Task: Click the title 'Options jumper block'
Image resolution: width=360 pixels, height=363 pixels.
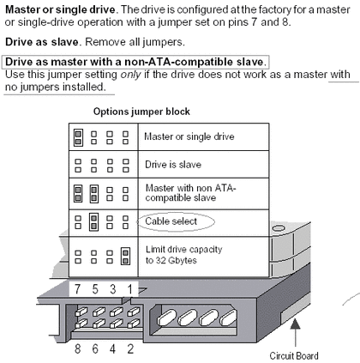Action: point(141,112)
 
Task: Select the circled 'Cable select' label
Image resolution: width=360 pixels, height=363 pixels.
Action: point(171,221)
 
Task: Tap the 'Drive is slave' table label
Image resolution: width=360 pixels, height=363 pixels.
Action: point(173,165)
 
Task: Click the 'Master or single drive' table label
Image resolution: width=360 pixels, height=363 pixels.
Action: point(189,136)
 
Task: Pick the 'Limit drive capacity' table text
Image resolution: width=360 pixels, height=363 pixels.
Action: point(183,250)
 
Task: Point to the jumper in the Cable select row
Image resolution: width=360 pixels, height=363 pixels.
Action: point(93,222)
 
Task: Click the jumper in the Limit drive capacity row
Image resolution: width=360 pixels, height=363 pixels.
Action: point(125,256)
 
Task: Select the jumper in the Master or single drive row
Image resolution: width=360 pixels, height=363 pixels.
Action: point(78,137)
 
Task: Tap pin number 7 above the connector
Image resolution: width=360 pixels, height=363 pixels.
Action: point(77,289)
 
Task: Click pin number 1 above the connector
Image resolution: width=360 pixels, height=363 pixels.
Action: point(129,289)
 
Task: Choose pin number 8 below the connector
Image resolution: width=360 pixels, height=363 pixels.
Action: point(77,349)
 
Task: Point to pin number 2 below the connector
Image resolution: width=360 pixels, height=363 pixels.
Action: point(130,349)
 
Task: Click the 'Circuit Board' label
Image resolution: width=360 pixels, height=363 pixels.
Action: point(294,355)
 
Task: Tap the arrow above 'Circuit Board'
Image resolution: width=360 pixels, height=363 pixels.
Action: point(295,333)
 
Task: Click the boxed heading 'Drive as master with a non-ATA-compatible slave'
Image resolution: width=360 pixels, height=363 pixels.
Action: point(135,62)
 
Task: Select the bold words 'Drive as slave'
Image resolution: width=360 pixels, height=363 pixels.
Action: point(42,42)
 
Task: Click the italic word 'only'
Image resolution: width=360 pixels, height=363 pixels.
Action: point(130,75)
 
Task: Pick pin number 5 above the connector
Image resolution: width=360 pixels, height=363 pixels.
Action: point(95,289)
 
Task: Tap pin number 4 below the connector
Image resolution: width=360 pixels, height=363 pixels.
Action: point(112,349)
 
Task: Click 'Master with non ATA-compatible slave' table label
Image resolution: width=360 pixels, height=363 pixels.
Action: point(190,193)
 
